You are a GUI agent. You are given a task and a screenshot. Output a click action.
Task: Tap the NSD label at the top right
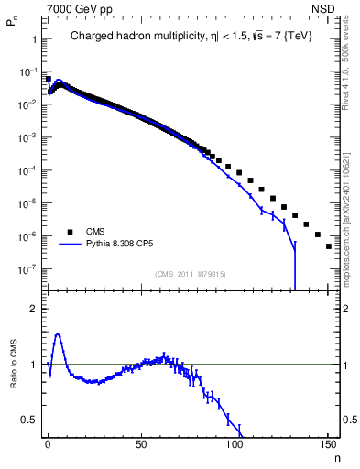click(322, 8)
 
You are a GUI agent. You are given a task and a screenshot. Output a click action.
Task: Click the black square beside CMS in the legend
click(69, 231)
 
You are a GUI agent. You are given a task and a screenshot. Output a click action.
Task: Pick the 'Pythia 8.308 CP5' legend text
click(124, 245)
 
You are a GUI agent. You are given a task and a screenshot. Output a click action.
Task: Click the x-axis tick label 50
click(141, 446)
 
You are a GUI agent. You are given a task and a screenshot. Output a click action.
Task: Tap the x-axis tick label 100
click(235, 446)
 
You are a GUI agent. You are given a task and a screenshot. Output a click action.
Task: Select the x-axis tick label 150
click(328, 446)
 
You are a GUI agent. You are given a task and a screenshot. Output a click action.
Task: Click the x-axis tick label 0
click(48, 446)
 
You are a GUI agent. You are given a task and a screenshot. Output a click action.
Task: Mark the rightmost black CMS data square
click(328, 245)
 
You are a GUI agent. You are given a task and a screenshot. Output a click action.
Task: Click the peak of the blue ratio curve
click(58, 334)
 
